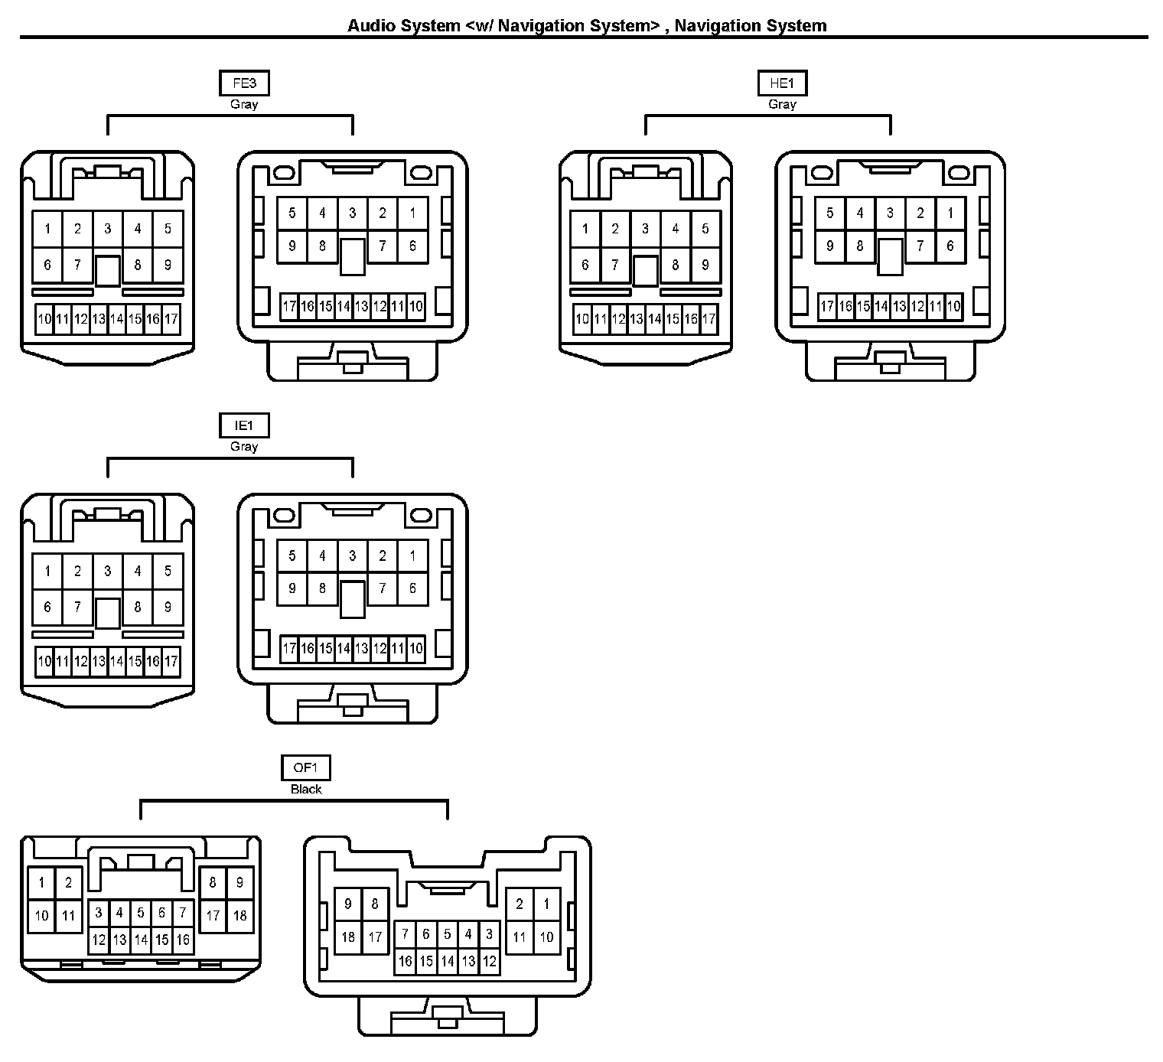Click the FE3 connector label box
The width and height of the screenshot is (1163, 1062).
click(x=244, y=83)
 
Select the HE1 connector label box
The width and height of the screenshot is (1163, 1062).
click(x=782, y=83)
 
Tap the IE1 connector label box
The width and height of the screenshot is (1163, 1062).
click(x=244, y=426)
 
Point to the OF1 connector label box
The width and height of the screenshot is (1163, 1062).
click(x=306, y=768)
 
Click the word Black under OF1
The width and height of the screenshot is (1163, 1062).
click(x=306, y=789)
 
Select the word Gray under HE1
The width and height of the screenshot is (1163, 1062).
click(x=782, y=104)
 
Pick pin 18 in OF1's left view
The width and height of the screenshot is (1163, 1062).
click(x=239, y=915)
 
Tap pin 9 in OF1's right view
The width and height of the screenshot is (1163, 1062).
click(x=348, y=904)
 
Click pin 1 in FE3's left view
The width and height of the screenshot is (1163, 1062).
click(x=47, y=228)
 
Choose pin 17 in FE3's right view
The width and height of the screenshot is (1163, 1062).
click(x=289, y=307)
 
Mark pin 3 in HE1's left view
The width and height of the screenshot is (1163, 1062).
click(x=645, y=228)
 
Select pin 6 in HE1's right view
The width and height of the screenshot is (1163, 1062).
click(x=950, y=246)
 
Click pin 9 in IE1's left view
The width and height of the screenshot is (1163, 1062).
click(x=168, y=608)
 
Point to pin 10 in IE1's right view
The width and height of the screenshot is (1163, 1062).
click(x=415, y=650)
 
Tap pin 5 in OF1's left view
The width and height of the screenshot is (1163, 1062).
click(x=141, y=912)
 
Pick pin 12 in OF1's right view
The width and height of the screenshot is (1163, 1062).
click(x=490, y=961)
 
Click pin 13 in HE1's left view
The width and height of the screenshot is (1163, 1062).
click(x=637, y=319)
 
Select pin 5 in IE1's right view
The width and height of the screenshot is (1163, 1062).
click(x=292, y=556)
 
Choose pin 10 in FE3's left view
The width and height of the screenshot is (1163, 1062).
click(x=44, y=319)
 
